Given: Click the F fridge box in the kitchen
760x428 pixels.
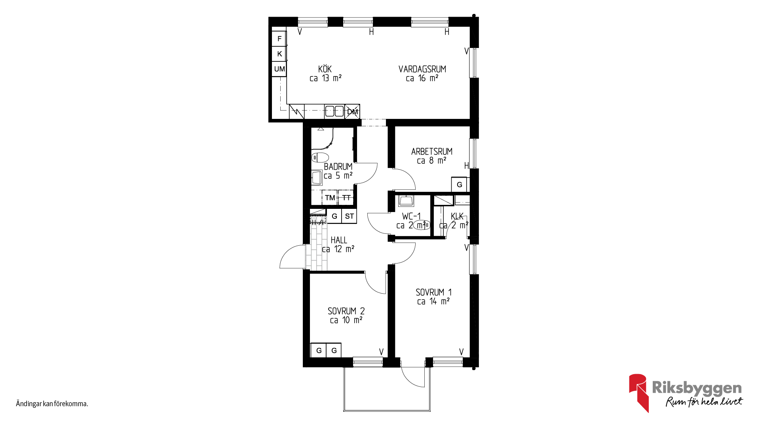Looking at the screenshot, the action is (x=279, y=39).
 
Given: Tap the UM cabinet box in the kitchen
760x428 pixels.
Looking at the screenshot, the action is (x=279, y=69).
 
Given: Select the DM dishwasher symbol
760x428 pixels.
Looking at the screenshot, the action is (x=352, y=112).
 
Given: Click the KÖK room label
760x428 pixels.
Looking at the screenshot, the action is (x=325, y=69).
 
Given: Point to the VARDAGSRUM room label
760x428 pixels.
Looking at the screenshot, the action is (x=422, y=69).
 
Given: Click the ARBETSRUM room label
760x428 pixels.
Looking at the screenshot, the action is (x=431, y=151).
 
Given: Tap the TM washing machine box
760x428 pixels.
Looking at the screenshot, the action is (x=330, y=197).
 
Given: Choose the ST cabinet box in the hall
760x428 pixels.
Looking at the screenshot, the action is (x=349, y=216).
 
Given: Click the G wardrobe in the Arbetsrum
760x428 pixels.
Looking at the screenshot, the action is (x=459, y=185).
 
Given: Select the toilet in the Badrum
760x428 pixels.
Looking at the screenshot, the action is (x=320, y=158).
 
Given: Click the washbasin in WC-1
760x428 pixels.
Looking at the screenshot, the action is (x=406, y=201).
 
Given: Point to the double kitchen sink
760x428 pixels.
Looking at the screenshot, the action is (x=334, y=111).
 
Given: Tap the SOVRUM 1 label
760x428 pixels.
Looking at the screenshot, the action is (x=433, y=292).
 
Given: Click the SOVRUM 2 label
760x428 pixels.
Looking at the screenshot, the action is (x=346, y=311).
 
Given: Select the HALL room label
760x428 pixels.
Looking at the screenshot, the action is (x=339, y=240).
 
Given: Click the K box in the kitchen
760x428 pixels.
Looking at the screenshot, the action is (x=279, y=54).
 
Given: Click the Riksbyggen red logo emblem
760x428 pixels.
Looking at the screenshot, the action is (x=638, y=392).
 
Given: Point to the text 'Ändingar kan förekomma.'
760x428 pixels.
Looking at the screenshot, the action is (x=52, y=404).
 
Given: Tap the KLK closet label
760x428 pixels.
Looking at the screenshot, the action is (x=457, y=216).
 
